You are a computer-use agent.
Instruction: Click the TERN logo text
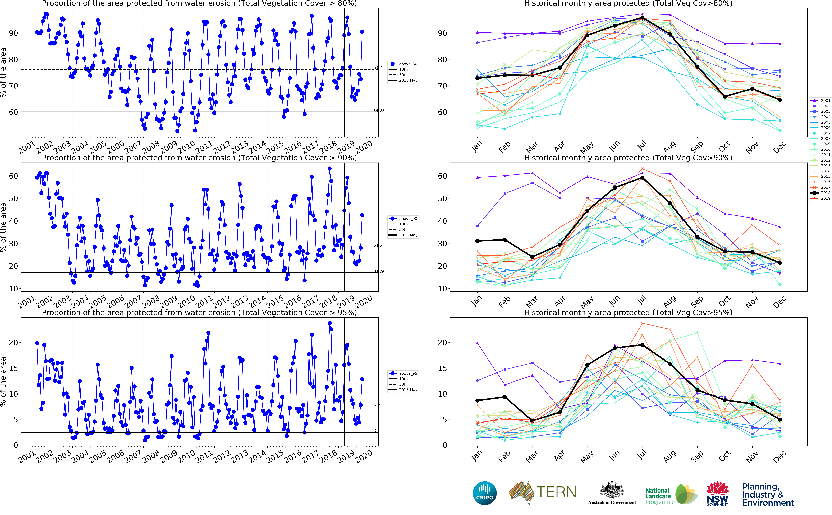pyautogui.click(x=556, y=492)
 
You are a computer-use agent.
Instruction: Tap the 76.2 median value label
pyautogui.click(x=379, y=68)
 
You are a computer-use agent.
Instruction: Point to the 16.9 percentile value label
pyautogui.click(x=379, y=272)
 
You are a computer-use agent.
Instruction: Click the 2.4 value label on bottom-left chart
pyautogui.click(x=377, y=431)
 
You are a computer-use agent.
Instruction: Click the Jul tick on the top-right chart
pyautogui.click(x=641, y=146)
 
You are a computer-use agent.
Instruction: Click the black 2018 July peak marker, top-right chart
pyautogui.click(x=642, y=18)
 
